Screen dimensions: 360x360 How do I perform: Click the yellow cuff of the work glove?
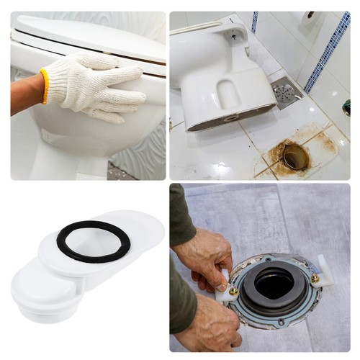pyautogui.click(x=45, y=86)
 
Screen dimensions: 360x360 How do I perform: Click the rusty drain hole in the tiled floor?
pyautogui.click(x=294, y=156)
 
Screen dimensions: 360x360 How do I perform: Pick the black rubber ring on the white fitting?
pyautogui.click(x=94, y=241)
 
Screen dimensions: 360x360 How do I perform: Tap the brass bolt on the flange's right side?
pyautogui.click(x=315, y=277)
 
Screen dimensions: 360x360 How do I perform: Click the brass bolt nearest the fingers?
pyautogui.click(x=233, y=291)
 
